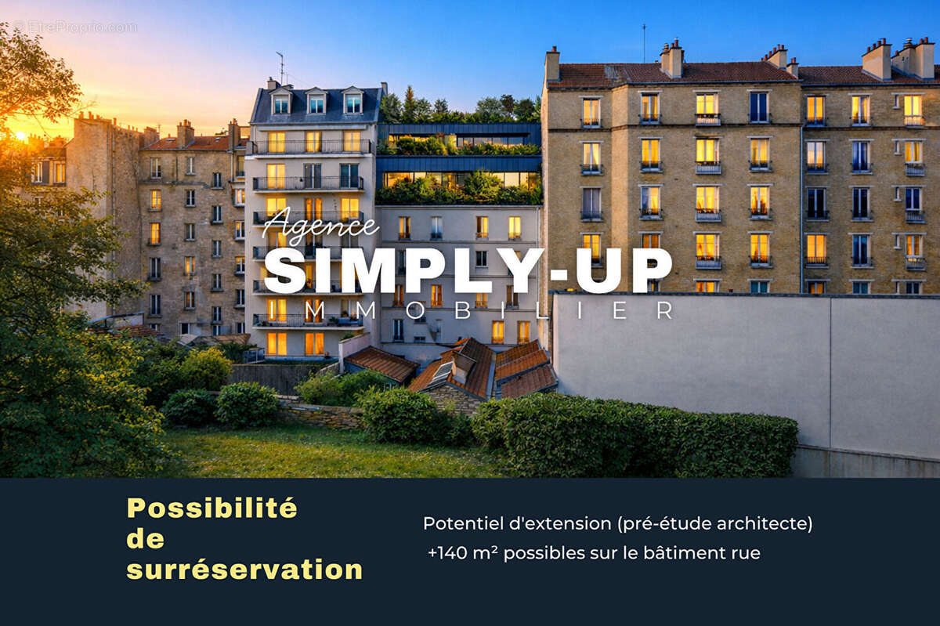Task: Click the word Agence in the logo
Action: (321, 226)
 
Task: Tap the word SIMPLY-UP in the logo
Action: (468, 270)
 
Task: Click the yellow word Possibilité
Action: (212, 508)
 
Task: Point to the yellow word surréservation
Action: (244, 570)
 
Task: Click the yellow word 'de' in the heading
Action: (146, 539)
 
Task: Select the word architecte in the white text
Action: (764, 523)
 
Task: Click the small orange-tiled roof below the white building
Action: (381, 363)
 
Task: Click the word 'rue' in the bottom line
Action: (745, 552)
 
